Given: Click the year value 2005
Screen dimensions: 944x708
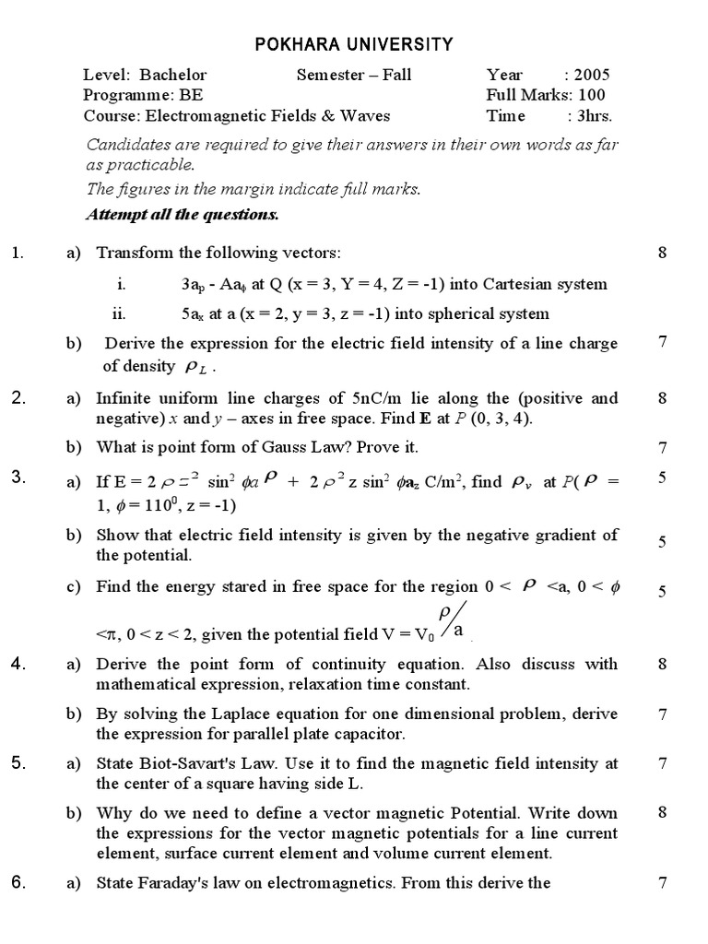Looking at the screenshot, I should [x=591, y=75].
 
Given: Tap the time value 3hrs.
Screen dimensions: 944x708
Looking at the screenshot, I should [x=594, y=116].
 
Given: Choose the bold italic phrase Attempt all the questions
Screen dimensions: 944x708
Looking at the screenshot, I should [x=183, y=215].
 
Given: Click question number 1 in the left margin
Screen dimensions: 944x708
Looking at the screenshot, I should [x=17, y=253].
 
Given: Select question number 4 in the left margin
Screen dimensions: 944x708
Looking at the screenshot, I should [x=17, y=664].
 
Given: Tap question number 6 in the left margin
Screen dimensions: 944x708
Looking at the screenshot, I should [x=17, y=882].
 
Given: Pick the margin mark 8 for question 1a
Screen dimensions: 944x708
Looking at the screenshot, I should [x=662, y=253].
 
